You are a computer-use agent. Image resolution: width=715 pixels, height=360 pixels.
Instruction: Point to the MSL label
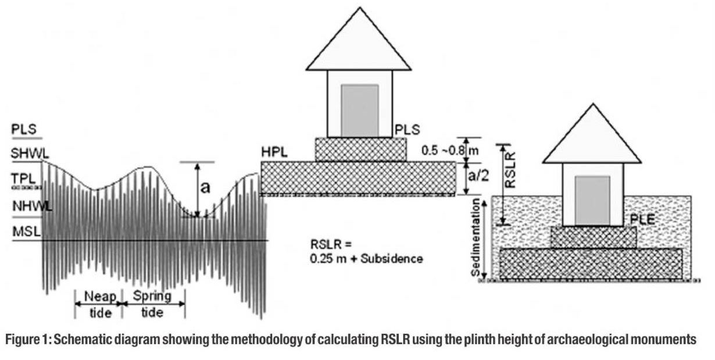coord(26,231)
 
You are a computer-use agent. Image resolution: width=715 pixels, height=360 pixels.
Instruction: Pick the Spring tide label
coord(151,303)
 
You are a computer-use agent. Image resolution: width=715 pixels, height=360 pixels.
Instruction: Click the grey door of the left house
coord(359,111)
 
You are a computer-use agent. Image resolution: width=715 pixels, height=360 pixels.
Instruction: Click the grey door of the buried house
coord(592,200)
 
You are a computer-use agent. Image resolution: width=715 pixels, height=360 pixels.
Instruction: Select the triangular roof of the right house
coord(592,137)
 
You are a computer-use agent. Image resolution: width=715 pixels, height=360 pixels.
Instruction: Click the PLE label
coord(643,219)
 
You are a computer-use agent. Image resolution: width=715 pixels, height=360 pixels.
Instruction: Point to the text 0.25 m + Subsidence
coord(367,259)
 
